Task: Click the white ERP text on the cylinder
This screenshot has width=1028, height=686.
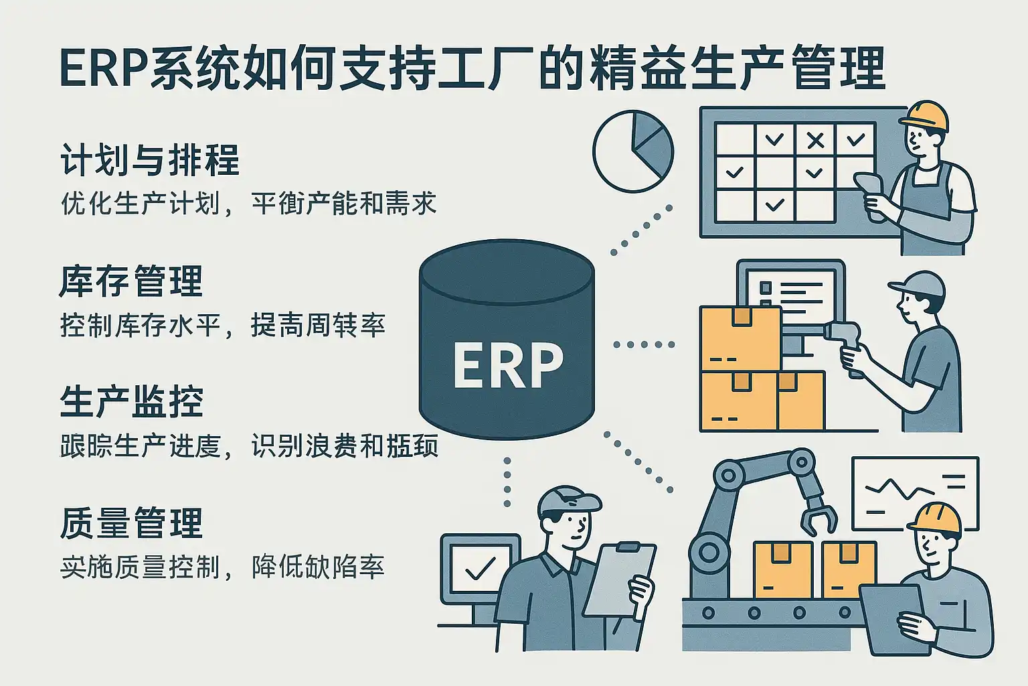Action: [x=507, y=365]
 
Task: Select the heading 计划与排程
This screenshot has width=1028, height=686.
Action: [x=150, y=161]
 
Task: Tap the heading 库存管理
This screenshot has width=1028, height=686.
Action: [x=131, y=281]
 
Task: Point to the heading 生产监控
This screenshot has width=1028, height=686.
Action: [x=131, y=402]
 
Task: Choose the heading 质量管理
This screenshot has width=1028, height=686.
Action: [x=131, y=523]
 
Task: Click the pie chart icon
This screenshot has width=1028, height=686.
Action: [x=633, y=151]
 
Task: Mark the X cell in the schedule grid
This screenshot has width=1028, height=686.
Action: [x=815, y=141]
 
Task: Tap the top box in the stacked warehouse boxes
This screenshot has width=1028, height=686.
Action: [x=740, y=337]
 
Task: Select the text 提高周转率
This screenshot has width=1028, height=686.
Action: [x=318, y=326]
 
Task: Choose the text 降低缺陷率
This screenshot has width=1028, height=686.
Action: [x=318, y=567]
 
